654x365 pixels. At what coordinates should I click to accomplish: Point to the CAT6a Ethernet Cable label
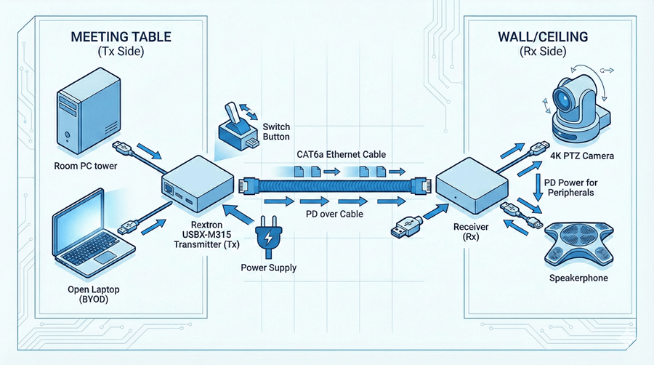(341, 154)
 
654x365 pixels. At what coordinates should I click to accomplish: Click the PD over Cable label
(335, 214)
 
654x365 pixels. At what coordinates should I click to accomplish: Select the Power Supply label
(268, 267)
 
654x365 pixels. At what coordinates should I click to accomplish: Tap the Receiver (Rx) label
(471, 232)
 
